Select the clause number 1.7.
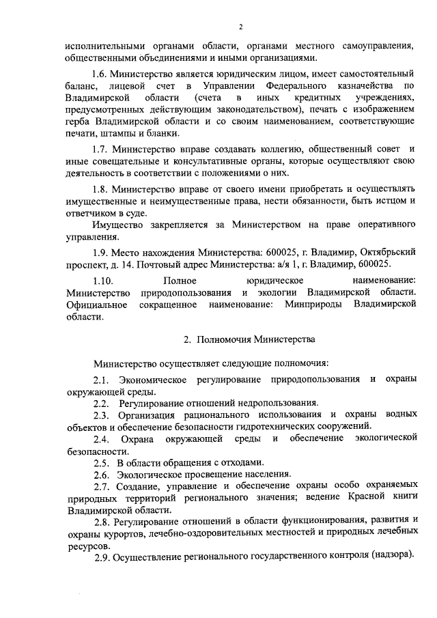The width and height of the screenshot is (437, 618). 100,148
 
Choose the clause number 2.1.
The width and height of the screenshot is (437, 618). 101,378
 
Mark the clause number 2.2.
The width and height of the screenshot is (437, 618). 101,403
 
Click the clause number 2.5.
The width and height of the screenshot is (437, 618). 101,462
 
